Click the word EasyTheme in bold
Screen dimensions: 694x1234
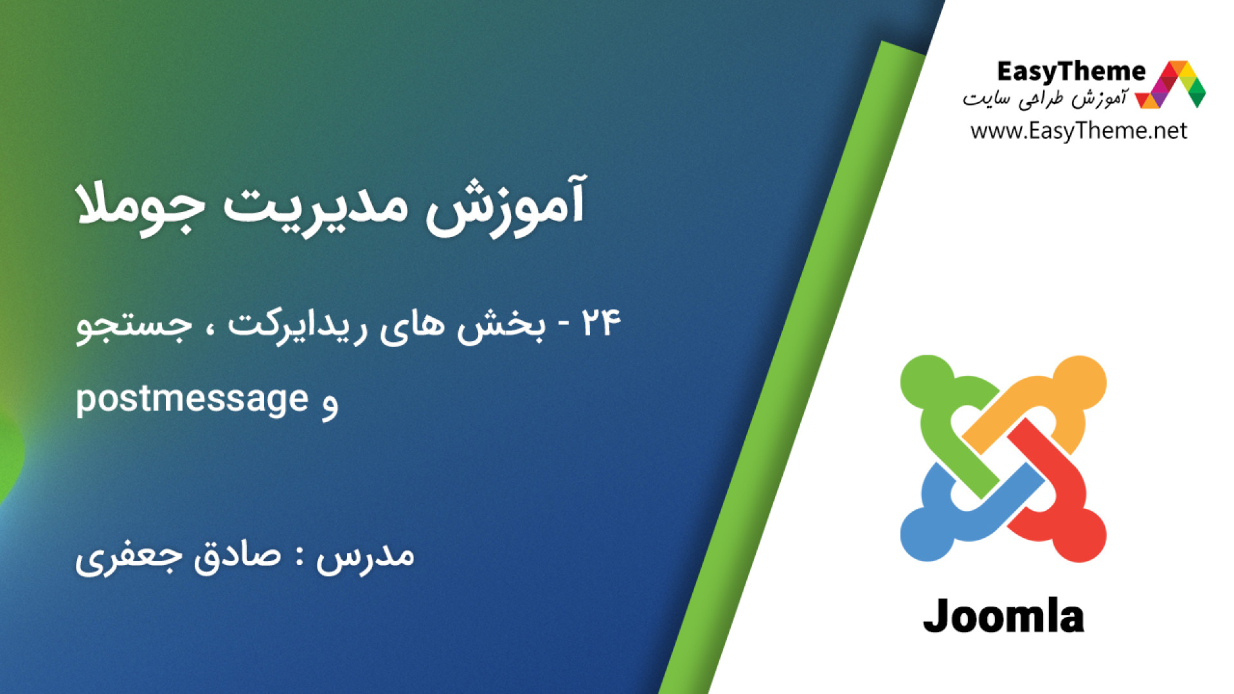pyautogui.click(x=1071, y=71)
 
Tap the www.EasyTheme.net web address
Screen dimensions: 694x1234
pyautogui.click(x=1078, y=131)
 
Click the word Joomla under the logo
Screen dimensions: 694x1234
pyautogui.click(x=1003, y=616)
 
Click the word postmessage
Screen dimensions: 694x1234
pyautogui.click(x=192, y=399)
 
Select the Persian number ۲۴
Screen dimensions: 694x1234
pyautogui.click(x=602, y=323)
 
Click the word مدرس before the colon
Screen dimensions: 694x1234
pyautogui.click(x=365, y=556)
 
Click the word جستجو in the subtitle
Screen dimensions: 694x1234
pyautogui.click(x=134, y=325)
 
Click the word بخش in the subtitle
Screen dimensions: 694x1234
pyautogui.click(x=501, y=325)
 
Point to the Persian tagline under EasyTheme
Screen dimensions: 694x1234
pyautogui.click(x=1044, y=98)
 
